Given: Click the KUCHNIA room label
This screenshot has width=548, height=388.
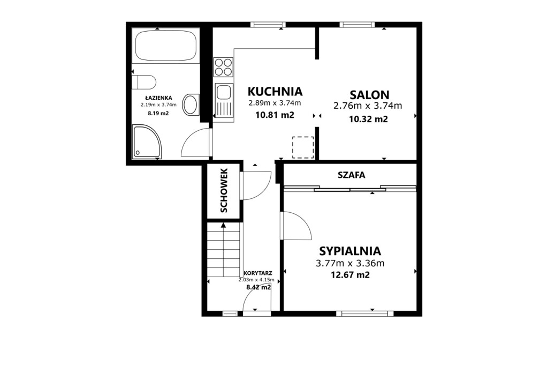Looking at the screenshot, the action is point(275,92).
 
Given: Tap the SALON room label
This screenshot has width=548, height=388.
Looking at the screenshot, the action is point(369,95).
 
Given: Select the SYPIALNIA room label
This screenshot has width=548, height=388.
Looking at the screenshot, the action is point(350,251).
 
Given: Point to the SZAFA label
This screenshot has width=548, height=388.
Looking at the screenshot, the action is point(351,175).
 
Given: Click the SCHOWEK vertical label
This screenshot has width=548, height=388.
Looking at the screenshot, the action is point(224,190).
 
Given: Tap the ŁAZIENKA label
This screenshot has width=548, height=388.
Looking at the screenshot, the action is point(158,98).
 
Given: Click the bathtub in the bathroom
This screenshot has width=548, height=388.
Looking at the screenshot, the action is point(166,46).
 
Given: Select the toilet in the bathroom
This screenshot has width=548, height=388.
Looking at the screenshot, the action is point(143,82).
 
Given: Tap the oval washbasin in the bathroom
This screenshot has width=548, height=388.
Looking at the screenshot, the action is point(191,105).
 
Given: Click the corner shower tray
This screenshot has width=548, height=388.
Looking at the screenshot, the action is point(147,142).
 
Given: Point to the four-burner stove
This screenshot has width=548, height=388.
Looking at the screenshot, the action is point(223,67).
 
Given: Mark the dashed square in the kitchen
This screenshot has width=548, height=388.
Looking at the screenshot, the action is point(303,147).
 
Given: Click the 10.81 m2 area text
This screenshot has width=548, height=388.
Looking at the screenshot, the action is point(275,115).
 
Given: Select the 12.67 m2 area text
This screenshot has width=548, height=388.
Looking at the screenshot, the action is point(350,275).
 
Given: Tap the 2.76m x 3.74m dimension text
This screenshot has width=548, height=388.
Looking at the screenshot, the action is point(368,106).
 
